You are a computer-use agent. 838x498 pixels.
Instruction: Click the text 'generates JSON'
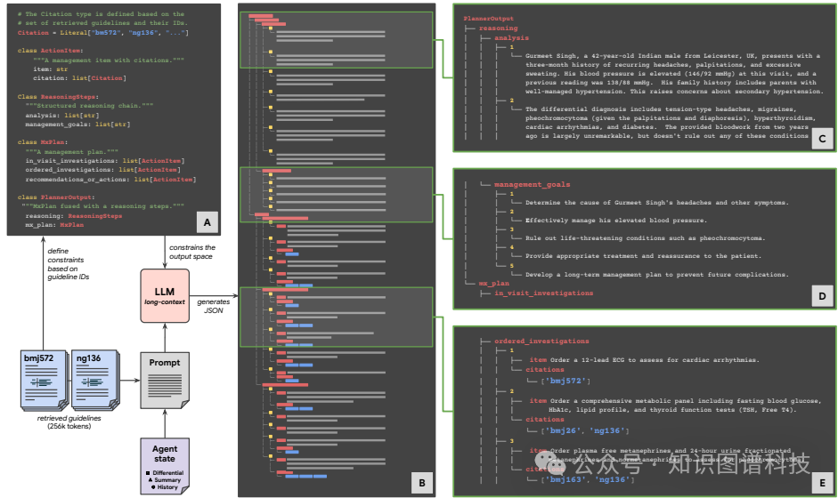pyautogui.click(x=213, y=307)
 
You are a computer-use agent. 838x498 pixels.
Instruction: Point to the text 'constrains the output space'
pyautogui.click(x=192, y=252)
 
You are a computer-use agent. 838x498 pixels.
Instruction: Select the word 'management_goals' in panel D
pyautogui.click(x=532, y=183)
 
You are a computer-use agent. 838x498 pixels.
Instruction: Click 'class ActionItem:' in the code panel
pyautogui.click(x=46, y=50)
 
